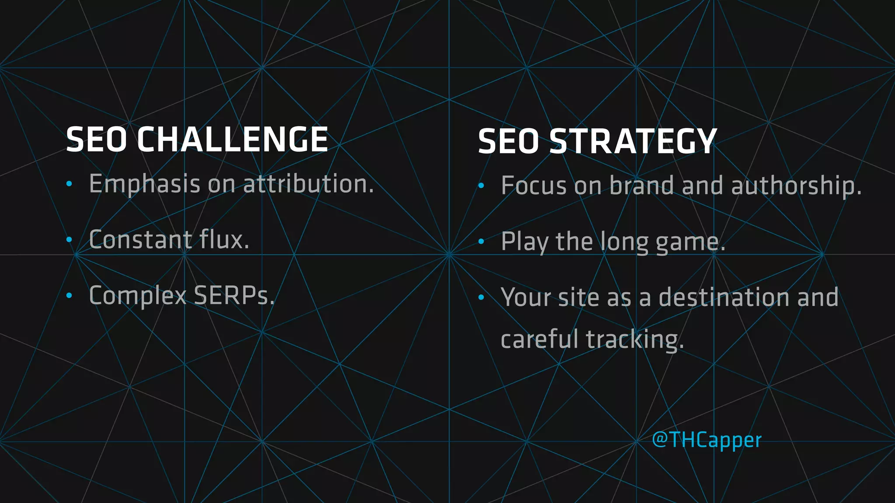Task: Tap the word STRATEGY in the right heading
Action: (x=633, y=141)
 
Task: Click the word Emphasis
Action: (x=145, y=184)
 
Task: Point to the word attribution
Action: (x=309, y=183)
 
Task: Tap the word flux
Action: (x=224, y=239)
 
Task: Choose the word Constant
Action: (x=140, y=240)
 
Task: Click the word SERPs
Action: (x=234, y=296)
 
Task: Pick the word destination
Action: (x=724, y=297)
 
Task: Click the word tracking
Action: (x=635, y=340)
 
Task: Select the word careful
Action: (x=539, y=339)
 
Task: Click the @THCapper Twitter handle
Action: (x=707, y=440)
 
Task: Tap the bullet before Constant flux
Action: (x=69, y=240)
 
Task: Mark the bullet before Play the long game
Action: (x=481, y=241)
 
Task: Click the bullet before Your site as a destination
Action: (x=481, y=297)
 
